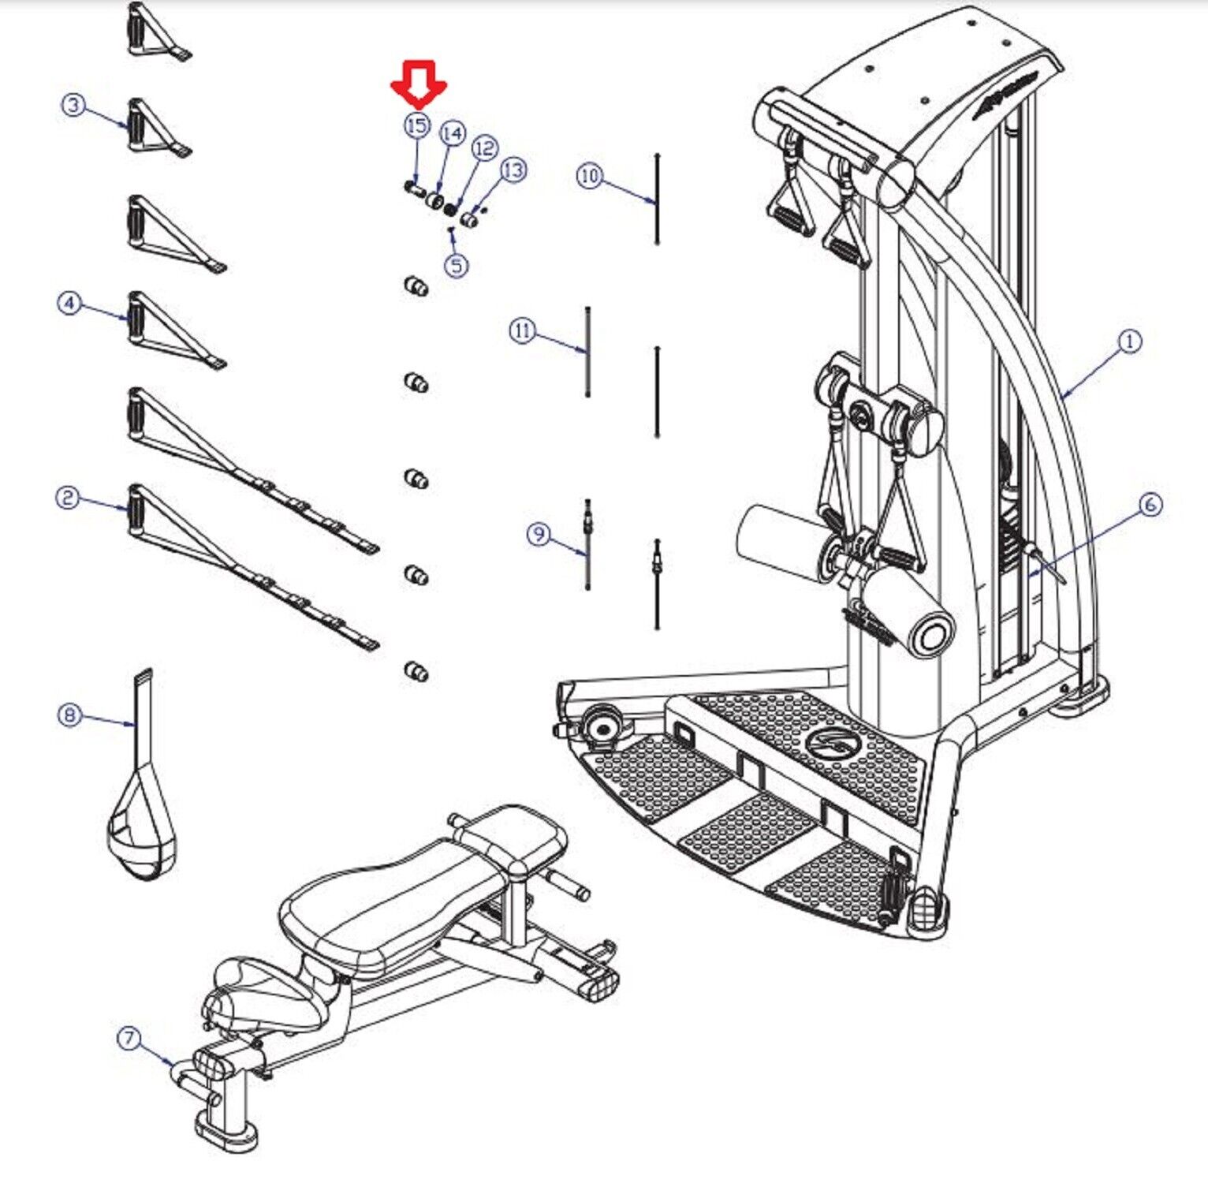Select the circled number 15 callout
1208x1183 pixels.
[417, 125]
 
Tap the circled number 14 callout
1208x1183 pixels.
[453, 134]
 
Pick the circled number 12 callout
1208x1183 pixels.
[485, 148]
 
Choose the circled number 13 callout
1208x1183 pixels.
[513, 170]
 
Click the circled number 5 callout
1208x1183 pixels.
[457, 265]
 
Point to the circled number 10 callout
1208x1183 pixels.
[590, 175]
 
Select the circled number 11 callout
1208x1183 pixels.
[523, 331]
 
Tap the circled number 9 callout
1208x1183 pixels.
[539, 534]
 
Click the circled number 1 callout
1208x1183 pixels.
[1130, 341]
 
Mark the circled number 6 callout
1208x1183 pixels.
[1150, 504]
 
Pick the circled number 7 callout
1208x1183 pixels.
[129, 1038]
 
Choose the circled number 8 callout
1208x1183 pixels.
[69, 715]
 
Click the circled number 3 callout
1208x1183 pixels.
[73, 104]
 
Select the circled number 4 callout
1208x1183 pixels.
[69, 302]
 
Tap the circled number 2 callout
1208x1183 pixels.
[67, 497]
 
